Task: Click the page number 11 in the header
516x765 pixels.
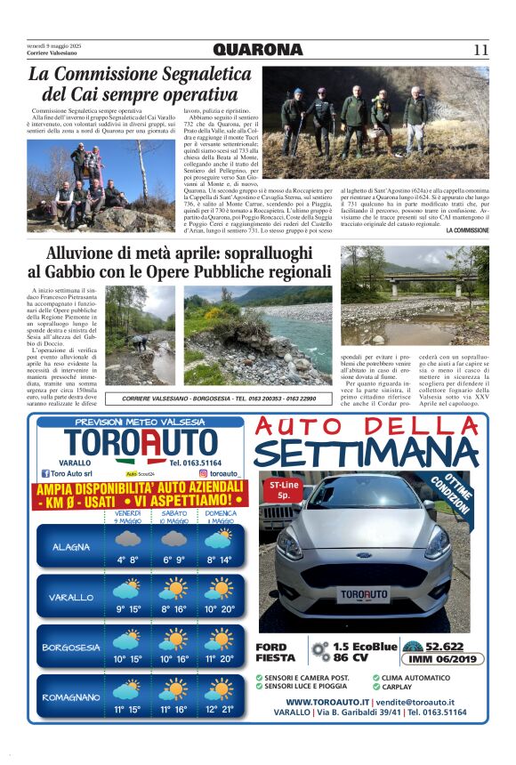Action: (x=480, y=50)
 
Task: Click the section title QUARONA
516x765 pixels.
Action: (x=258, y=50)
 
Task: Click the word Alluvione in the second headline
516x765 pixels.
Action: (x=93, y=254)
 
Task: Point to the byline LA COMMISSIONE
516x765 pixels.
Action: (x=467, y=230)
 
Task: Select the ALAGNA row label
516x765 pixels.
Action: (x=69, y=546)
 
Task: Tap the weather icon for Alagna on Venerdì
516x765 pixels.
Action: (x=127, y=541)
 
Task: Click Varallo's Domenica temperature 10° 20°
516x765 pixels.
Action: (x=218, y=609)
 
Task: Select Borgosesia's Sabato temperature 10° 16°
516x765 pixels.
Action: (x=173, y=659)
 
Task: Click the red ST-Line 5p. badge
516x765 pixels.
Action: (x=284, y=489)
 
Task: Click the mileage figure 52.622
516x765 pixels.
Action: (x=445, y=647)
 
